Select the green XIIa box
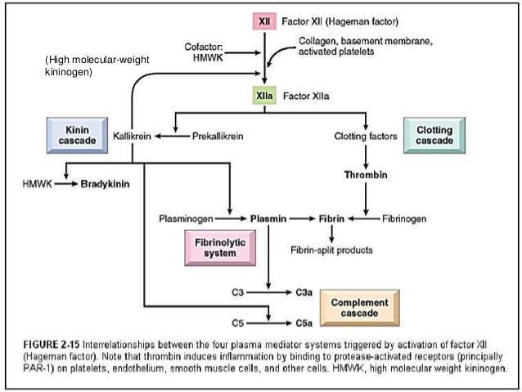264,96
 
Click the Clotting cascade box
434,136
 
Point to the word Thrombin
364,174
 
